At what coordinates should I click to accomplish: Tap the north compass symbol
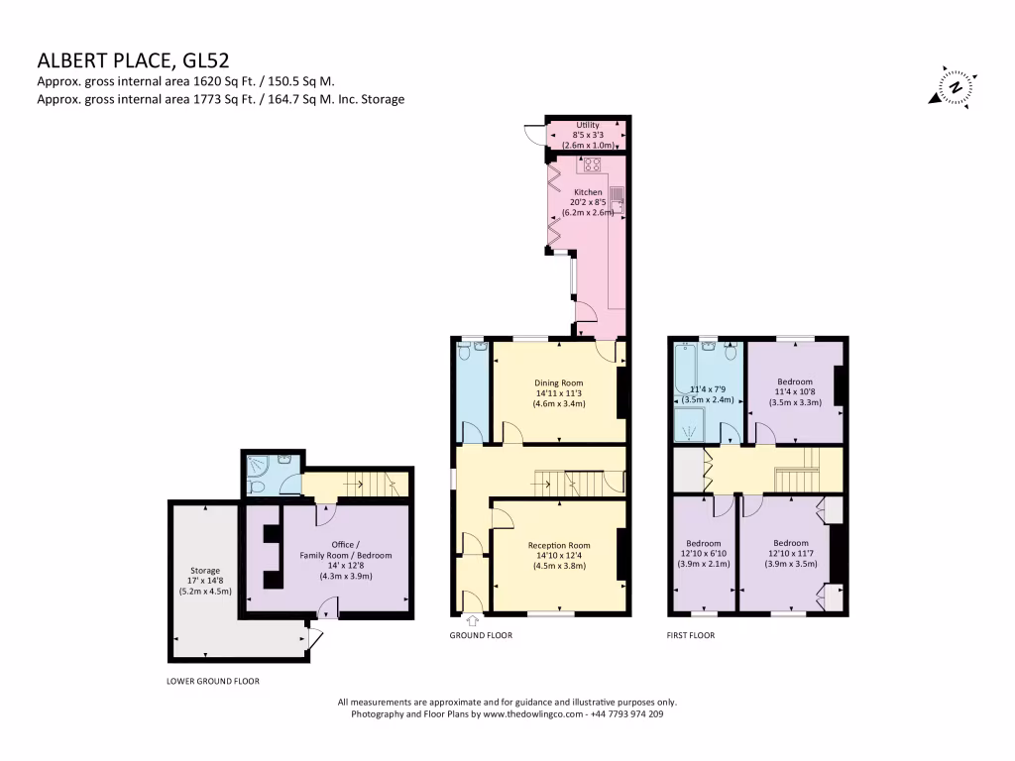(955, 87)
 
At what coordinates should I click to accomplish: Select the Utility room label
(587, 125)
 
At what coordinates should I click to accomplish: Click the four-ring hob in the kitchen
(593, 164)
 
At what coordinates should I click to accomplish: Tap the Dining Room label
(559, 382)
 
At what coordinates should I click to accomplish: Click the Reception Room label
(559, 545)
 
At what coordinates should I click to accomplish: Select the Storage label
(205, 571)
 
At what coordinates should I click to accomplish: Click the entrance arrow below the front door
(471, 621)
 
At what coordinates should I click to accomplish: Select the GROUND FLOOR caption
(481, 635)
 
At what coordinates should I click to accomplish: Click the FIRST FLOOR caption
(690, 635)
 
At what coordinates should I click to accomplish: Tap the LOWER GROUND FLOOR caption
(212, 682)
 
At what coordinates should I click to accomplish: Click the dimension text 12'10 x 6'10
(704, 554)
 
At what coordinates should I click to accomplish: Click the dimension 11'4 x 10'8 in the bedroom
(795, 392)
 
